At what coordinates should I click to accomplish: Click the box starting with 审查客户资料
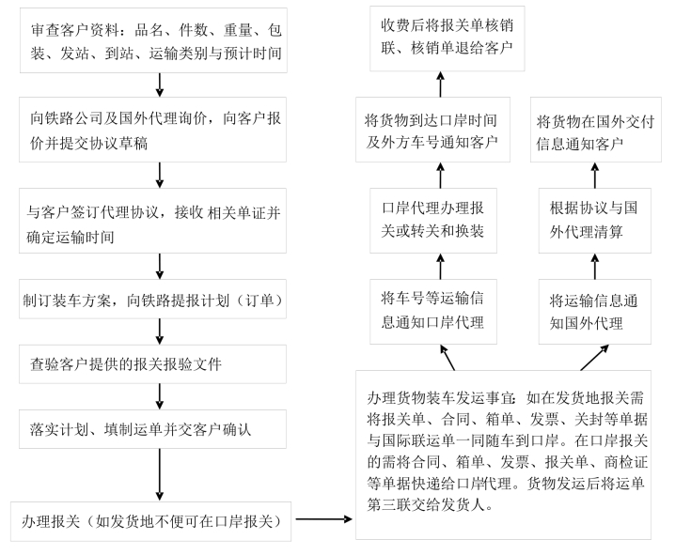click(153, 40)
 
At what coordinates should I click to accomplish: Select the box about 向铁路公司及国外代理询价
click(153, 130)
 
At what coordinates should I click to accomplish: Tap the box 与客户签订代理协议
click(153, 221)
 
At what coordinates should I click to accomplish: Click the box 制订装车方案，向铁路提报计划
click(153, 300)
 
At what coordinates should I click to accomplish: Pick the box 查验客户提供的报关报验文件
click(153, 364)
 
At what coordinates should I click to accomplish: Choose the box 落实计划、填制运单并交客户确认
click(153, 429)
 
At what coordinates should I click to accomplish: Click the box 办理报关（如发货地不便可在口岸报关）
click(150, 521)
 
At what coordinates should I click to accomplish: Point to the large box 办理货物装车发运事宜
click(503, 455)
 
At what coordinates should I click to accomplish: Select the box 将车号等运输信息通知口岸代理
click(433, 312)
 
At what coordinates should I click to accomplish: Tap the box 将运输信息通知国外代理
click(595, 312)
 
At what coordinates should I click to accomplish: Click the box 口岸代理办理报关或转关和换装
click(433, 221)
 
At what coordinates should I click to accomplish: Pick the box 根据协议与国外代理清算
click(595, 221)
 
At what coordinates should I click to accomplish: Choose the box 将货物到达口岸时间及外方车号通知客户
click(433, 130)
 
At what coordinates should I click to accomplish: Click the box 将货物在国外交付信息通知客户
click(596, 130)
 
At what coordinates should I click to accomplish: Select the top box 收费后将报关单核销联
click(447, 39)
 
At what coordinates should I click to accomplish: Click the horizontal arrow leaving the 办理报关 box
click(323, 519)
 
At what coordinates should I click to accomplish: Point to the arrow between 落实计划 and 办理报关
click(159, 474)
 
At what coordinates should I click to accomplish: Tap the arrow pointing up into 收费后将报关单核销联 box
click(440, 85)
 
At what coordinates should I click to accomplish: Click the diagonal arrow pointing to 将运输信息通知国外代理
click(594, 357)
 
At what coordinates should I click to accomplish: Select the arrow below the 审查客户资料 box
click(159, 85)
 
